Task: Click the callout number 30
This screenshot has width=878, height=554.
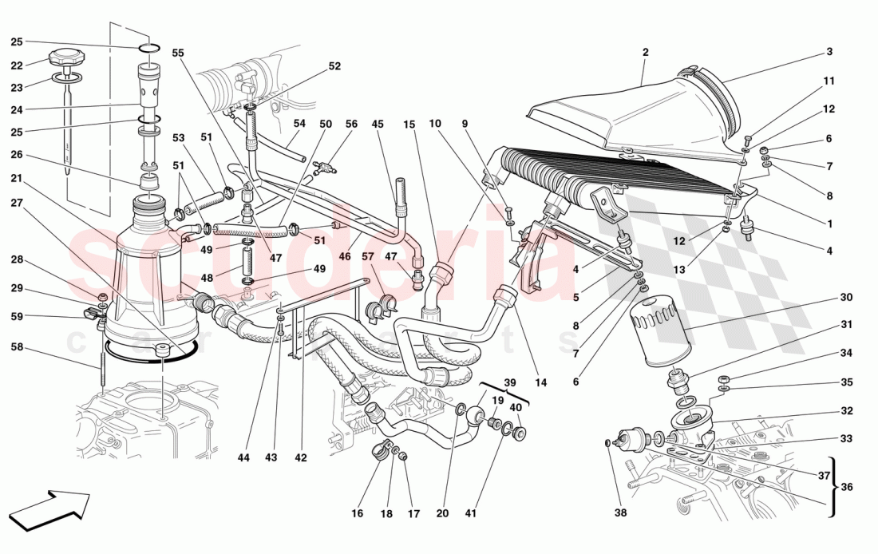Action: pos(845,297)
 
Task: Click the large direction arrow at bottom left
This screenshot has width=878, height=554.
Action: pos(53,510)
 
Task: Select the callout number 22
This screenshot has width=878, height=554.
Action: pos(17,65)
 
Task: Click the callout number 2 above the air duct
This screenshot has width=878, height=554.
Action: pos(645,53)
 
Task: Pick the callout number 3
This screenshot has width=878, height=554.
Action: pos(829,52)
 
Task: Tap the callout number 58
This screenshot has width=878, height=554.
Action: pos(17,346)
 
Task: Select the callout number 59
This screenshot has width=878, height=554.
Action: pos(17,316)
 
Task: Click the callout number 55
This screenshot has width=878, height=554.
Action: pos(177,53)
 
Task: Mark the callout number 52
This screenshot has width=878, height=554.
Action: pos(334,66)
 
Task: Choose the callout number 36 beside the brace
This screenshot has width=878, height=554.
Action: pos(845,486)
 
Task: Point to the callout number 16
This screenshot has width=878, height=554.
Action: pos(357,513)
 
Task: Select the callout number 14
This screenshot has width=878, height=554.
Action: pos(541,382)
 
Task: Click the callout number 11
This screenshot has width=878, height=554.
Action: pos(829,81)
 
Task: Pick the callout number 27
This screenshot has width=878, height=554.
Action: pos(17,202)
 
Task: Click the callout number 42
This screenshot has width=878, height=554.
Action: pos(300,457)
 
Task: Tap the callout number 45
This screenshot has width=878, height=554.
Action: pos(378,124)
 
